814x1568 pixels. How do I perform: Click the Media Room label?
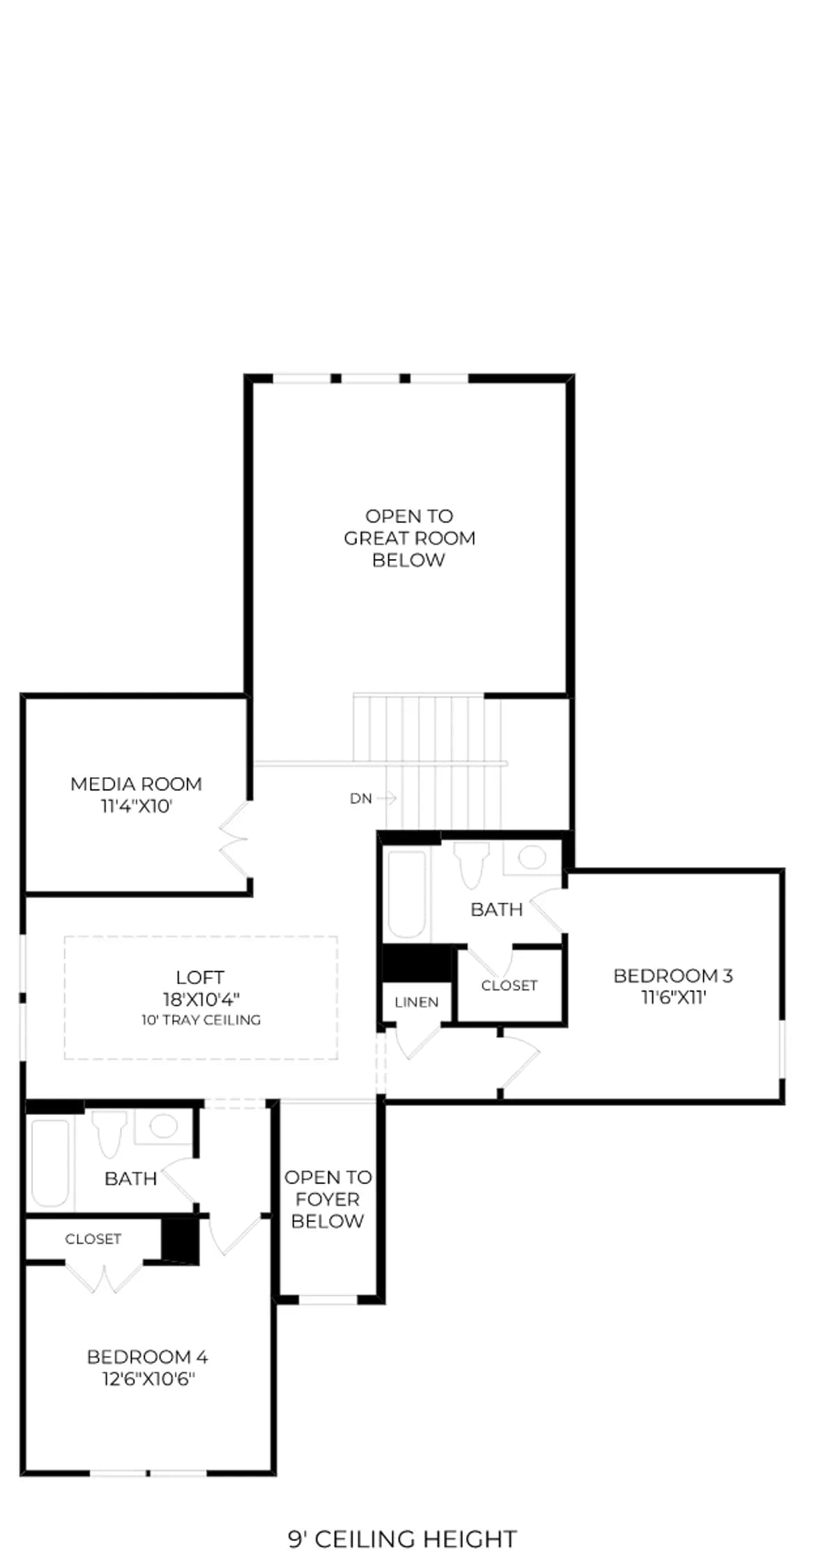coord(136,784)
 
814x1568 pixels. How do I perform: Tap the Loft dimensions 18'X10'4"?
coord(201,999)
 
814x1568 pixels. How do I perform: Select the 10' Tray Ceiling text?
coord(201,1020)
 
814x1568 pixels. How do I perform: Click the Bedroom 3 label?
coord(673,976)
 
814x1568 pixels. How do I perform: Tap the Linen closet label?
coord(417,1002)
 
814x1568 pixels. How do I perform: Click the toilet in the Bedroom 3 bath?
coord(472,864)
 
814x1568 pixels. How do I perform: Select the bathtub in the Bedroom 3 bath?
coord(407,895)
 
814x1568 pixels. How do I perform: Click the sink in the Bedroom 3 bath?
coord(532,857)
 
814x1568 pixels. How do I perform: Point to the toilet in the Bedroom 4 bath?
coord(109,1134)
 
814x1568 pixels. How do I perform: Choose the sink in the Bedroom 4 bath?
coord(163,1127)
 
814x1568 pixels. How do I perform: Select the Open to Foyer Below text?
coord(328,1199)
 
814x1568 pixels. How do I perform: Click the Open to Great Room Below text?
coord(410,538)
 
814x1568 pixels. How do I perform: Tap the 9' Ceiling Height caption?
coord(403,1539)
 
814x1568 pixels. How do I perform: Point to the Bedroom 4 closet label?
coord(93,1239)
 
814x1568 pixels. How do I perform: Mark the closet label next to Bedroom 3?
coord(509,985)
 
